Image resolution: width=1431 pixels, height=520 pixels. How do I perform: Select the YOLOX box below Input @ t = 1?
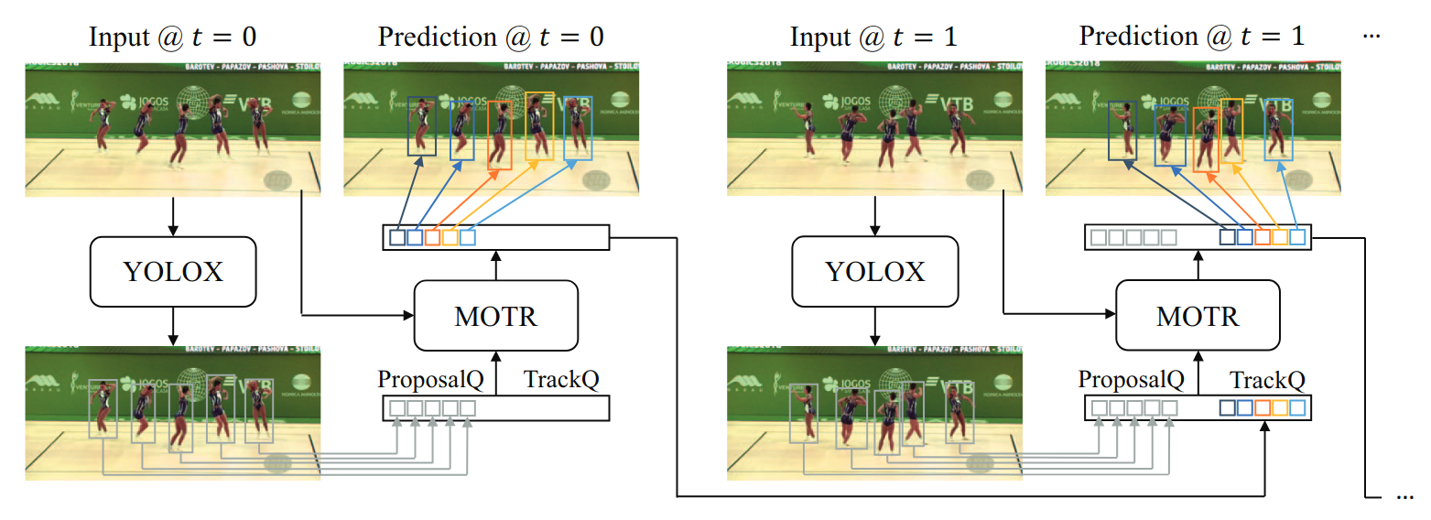[874, 271]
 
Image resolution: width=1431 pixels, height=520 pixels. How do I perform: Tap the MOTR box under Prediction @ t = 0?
[495, 316]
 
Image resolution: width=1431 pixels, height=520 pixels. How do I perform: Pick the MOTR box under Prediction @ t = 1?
[1197, 316]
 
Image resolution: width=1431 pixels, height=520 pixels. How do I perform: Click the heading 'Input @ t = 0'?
[172, 37]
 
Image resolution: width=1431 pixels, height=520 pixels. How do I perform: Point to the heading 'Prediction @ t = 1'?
[1191, 37]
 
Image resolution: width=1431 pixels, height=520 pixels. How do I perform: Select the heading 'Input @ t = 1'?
[873, 37]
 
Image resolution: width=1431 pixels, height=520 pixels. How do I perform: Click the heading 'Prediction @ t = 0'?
[491, 37]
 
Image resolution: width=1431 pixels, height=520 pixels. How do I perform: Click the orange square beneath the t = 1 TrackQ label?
[1263, 407]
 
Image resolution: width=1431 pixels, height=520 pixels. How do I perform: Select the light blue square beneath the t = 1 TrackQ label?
[1297, 407]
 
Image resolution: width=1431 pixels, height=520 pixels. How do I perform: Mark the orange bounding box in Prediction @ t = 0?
[500, 135]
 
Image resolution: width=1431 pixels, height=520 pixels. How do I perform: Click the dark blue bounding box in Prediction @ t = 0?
[421, 125]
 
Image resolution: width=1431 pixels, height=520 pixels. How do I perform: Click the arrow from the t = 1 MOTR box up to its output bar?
[1197, 265]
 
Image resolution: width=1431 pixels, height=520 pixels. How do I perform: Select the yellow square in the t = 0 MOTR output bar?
[450, 238]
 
